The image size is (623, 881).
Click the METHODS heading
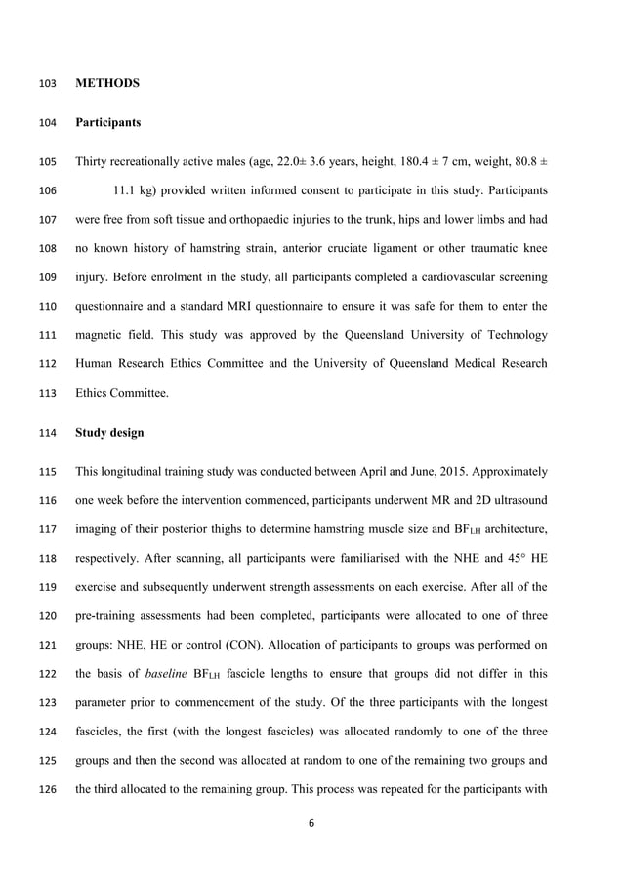[x=107, y=84]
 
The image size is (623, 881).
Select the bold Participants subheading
[x=107, y=123]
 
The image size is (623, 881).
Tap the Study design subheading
[x=109, y=432]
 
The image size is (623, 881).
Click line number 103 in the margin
[x=48, y=84]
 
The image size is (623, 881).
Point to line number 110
[x=48, y=306]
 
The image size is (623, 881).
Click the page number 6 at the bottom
[x=311, y=823]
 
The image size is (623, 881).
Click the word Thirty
[x=92, y=162]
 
